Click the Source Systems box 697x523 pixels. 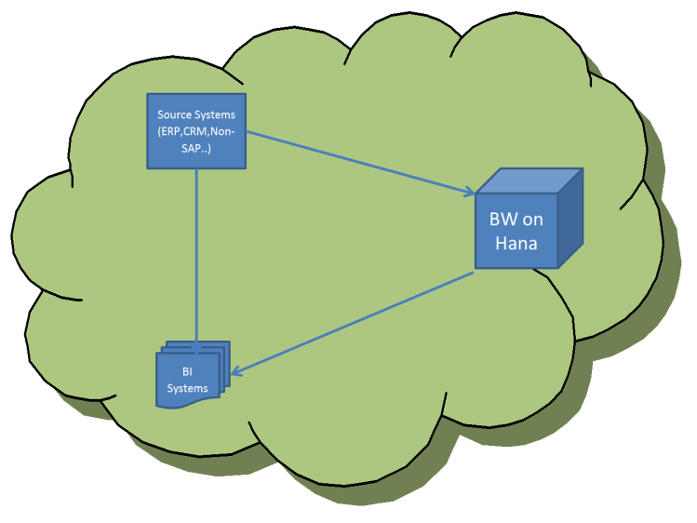[x=196, y=130]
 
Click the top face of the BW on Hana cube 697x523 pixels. [x=530, y=181]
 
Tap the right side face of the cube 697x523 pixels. [x=571, y=219]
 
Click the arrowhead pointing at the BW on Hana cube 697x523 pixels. [x=468, y=193]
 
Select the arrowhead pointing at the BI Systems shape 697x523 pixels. [x=236, y=373]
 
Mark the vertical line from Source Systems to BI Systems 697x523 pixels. [x=196, y=251]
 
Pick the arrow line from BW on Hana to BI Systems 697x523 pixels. [x=354, y=323]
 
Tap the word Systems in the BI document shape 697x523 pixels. [x=187, y=387]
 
